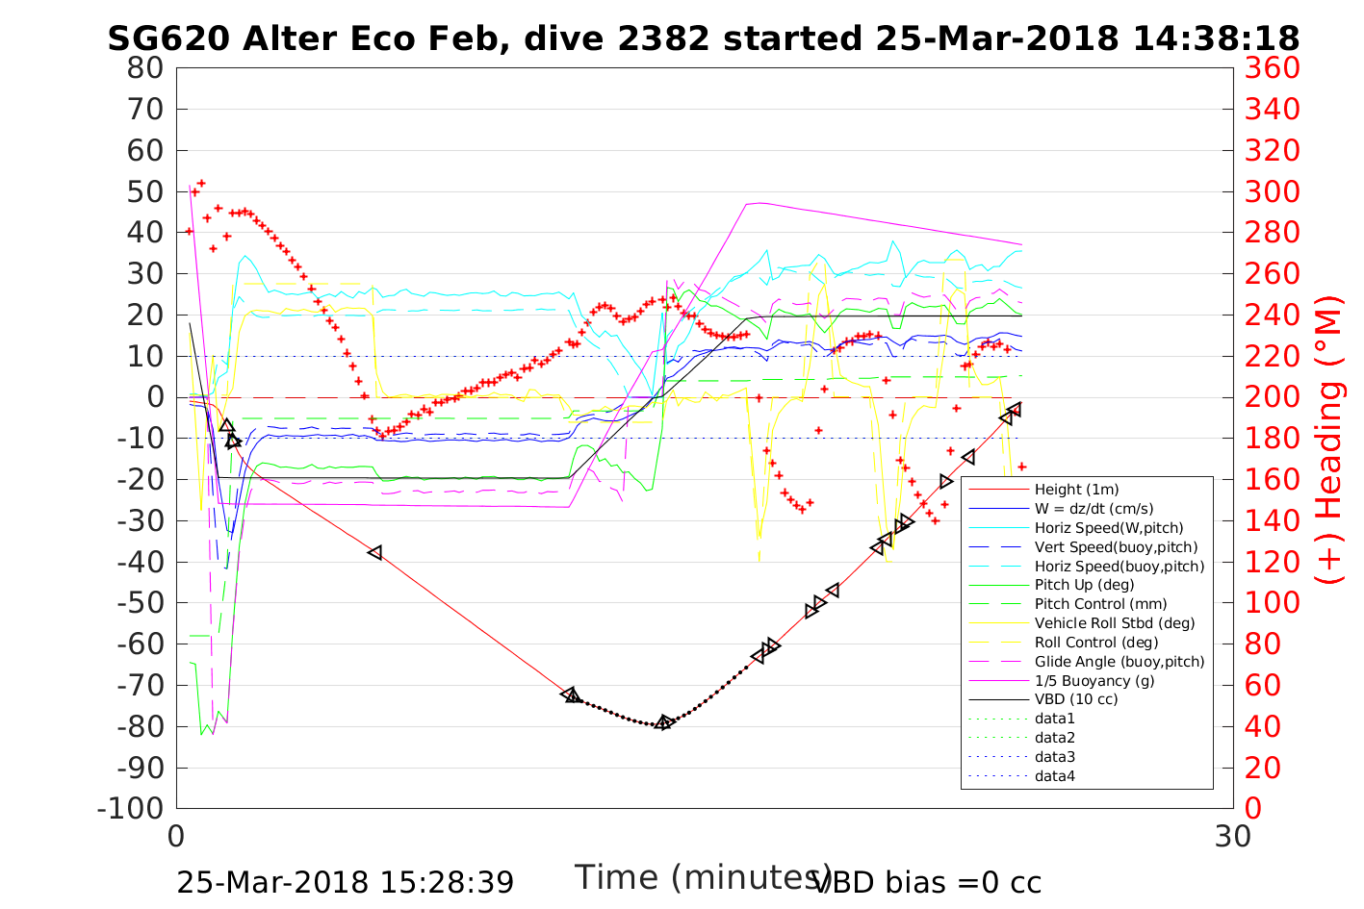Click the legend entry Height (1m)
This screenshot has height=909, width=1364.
(1076, 490)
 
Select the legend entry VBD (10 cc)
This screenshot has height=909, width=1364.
(1076, 699)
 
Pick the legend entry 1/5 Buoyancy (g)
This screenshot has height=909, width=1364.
(1094, 680)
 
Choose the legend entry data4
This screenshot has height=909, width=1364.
(1054, 775)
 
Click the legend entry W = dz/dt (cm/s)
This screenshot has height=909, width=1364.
(1094, 509)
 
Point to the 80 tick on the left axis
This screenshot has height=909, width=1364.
(146, 68)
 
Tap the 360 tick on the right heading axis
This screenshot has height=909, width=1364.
(1272, 68)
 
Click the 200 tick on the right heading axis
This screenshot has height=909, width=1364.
(1272, 397)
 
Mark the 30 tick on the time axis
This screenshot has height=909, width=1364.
(1233, 836)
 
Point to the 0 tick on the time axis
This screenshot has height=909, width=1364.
(176, 836)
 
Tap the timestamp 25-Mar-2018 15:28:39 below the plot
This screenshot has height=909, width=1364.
(345, 882)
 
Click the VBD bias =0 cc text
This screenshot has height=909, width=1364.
(927, 882)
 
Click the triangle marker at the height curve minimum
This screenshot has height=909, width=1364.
(663, 722)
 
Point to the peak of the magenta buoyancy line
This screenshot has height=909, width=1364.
(759, 203)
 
